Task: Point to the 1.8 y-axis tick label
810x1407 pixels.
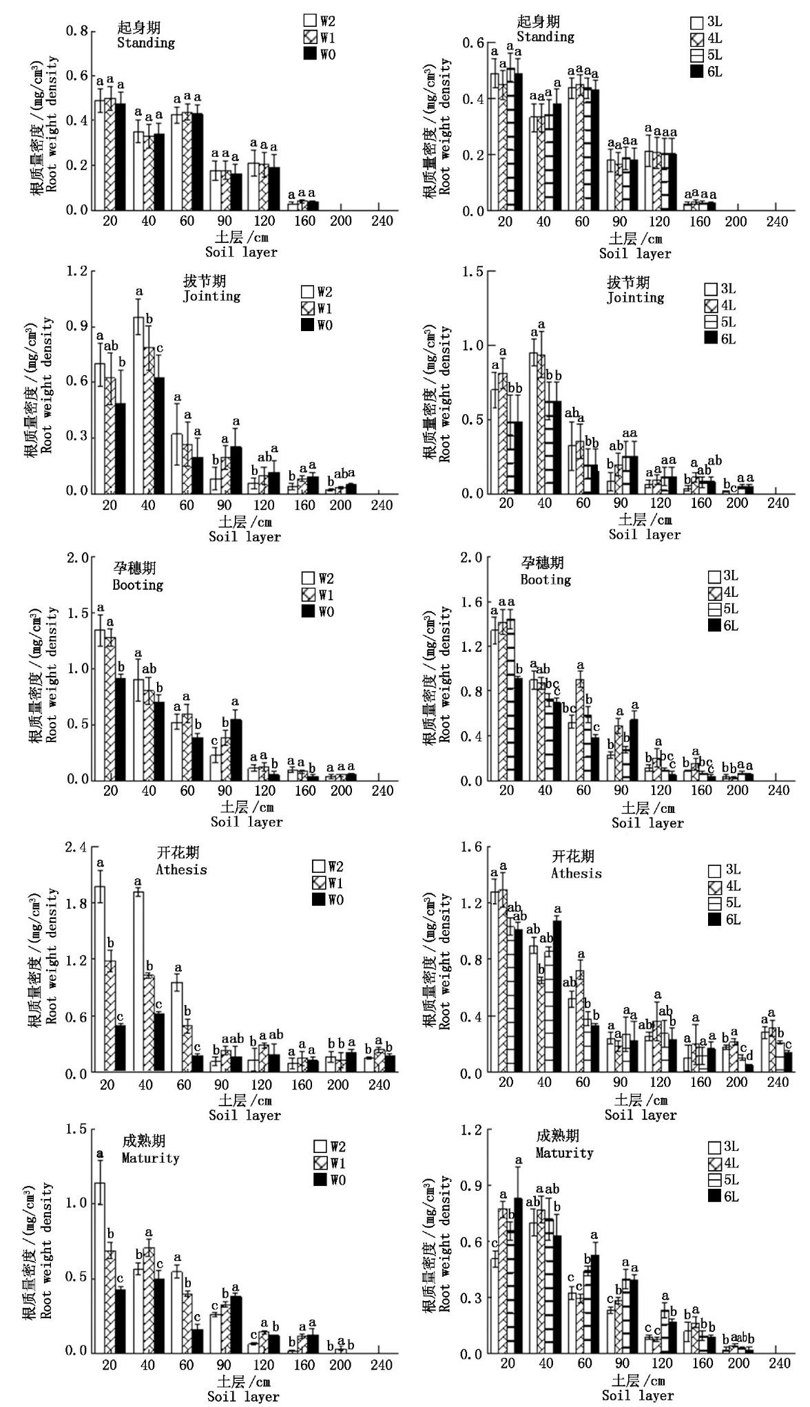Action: click(76, 904)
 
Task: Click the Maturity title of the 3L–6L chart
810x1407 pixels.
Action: click(564, 1153)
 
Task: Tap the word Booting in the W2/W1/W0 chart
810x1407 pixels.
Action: click(138, 585)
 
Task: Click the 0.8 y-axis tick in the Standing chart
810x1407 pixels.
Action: click(76, 32)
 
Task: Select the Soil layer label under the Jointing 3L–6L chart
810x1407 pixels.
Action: click(644, 535)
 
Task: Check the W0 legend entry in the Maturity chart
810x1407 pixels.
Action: click(330, 1181)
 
